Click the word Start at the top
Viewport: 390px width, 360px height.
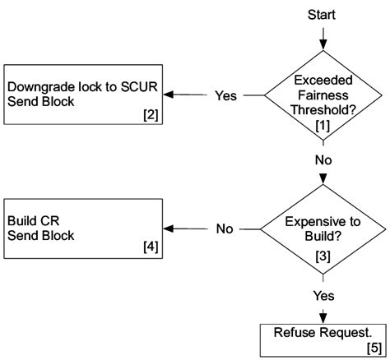pos(322,14)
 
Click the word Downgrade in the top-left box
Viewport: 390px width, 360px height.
pos(39,85)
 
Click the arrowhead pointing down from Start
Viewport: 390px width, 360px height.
pos(322,42)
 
